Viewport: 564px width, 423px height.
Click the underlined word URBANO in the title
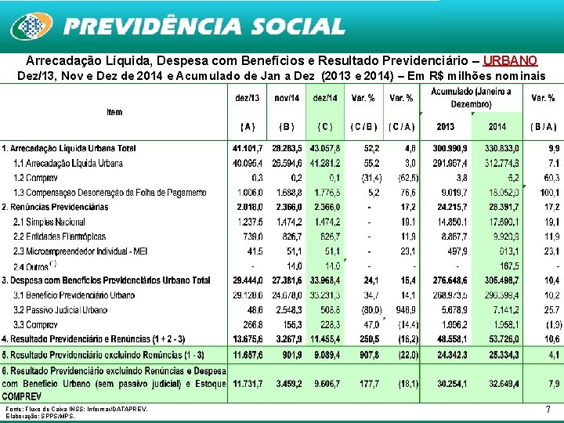tap(510, 60)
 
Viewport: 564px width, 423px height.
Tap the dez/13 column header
tap(248, 97)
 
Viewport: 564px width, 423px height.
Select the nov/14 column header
tap(287, 97)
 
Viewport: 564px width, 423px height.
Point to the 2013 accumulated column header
tap(445, 125)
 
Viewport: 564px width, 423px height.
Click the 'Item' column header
tap(114, 112)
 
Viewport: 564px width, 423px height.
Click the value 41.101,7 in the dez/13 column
tap(248, 148)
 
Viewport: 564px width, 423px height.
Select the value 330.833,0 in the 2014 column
tap(498, 148)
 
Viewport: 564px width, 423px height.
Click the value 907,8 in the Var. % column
tap(364, 353)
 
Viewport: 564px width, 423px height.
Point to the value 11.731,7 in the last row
tap(248, 384)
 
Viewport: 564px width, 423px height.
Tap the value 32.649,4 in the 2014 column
tap(498, 384)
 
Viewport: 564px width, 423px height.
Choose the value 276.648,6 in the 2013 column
tap(445, 280)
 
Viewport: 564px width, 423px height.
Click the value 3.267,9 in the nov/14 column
tap(287, 338)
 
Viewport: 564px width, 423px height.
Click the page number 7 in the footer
tap(547, 410)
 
